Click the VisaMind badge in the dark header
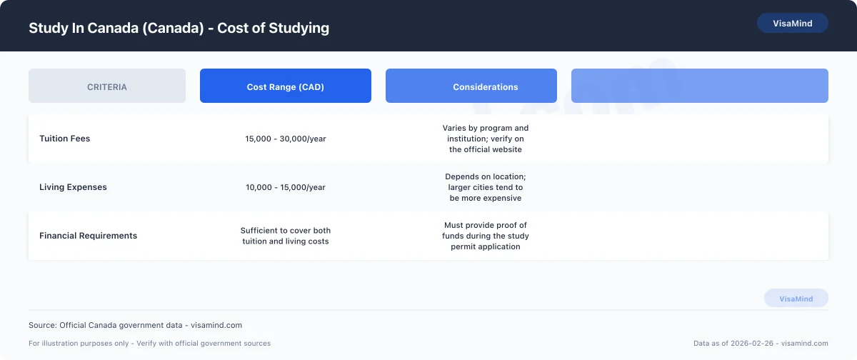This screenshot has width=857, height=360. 792,24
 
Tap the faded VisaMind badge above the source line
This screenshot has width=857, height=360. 796,299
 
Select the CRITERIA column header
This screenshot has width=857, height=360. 107,86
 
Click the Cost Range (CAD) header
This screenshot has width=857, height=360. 286,86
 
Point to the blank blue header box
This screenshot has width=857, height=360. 700,86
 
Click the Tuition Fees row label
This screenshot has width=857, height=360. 65,139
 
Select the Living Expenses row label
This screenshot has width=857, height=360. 73,187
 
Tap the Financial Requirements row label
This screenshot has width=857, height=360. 89,236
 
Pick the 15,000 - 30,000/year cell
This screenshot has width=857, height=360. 286,139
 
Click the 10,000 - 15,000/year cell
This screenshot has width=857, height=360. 286,187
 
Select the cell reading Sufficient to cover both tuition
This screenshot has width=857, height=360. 286,236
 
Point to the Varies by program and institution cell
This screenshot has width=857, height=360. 486,139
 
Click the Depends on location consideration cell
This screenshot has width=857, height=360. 486,187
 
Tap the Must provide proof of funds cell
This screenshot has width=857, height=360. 486,236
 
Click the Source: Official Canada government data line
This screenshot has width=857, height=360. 136,325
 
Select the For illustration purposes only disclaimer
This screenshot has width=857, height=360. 150,344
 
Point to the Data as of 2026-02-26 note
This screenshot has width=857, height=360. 761,344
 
